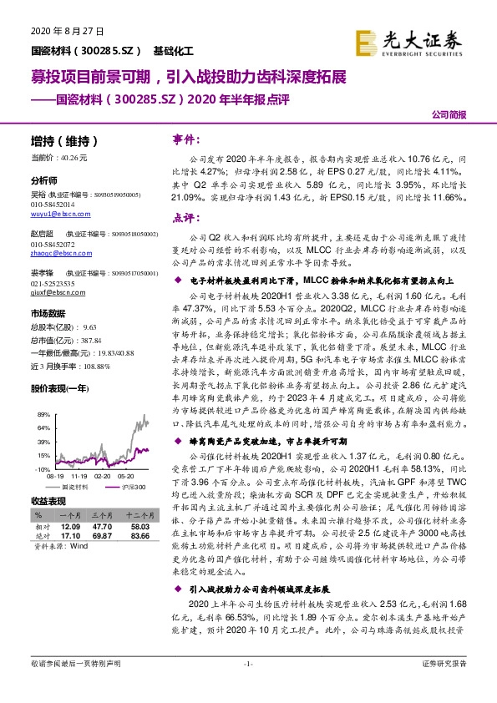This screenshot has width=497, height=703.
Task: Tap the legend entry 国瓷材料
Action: pos(83,485)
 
